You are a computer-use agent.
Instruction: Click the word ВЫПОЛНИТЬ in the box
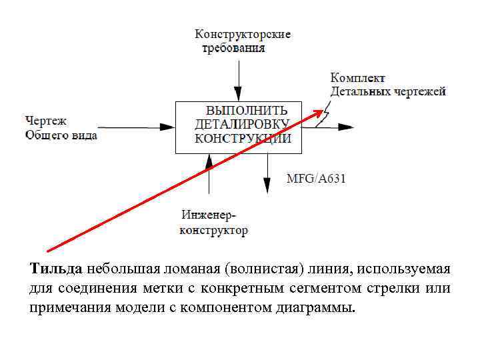coord(247,111)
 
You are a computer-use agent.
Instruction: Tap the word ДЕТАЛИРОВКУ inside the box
coord(241,125)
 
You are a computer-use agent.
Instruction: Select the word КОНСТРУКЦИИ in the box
coord(243,139)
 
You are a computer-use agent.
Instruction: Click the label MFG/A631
coord(316,179)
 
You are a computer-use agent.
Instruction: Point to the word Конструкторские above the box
coord(243,34)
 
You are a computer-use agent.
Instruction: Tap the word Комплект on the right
coord(358,79)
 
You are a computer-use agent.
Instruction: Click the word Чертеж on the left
coord(46,121)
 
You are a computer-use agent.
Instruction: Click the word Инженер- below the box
coord(209,216)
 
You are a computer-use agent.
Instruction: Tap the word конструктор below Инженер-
coord(213,231)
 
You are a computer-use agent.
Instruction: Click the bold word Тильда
coord(56,269)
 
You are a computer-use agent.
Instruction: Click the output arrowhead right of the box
coord(348,125)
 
